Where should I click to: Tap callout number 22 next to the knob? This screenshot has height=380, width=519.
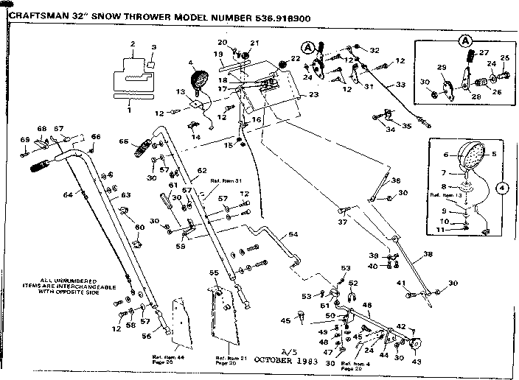(295, 58)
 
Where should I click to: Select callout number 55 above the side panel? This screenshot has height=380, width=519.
(215, 272)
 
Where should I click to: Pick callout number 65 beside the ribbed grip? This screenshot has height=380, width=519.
(123, 141)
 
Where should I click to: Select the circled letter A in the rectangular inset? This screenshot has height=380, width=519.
(466, 40)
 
